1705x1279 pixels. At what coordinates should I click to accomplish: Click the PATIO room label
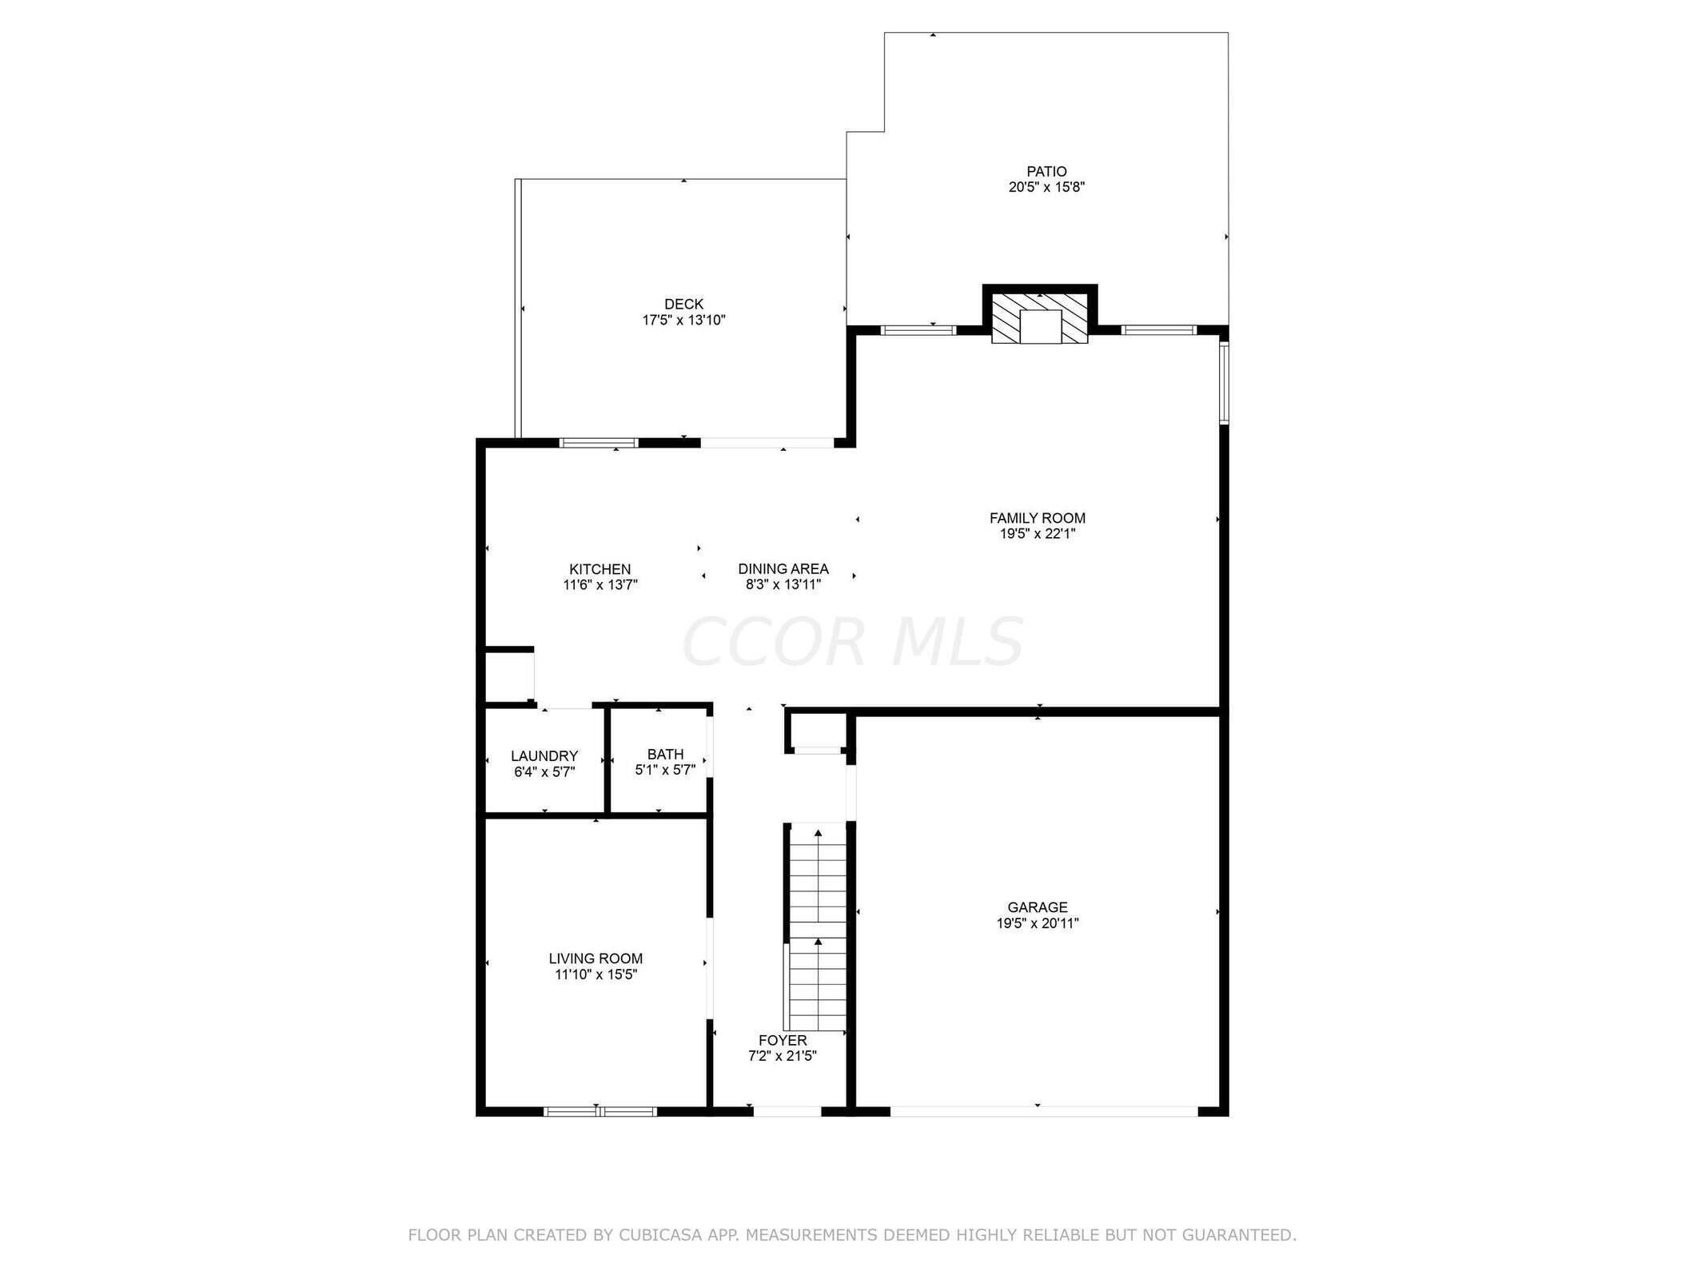(1046, 171)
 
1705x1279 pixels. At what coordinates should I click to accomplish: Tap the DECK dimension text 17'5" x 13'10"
(683, 321)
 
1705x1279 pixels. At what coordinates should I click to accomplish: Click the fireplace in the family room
(1039, 320)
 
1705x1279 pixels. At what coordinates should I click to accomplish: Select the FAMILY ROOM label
(1037, 518)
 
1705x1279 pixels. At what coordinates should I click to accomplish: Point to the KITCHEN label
(600, 569)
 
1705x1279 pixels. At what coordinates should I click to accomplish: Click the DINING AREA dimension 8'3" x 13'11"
(783, 585)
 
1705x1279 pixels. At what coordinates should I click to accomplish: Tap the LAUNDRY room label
(544, 756)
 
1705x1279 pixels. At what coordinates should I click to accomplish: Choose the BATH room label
(665, 755)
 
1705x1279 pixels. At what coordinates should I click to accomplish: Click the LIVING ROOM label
(596, 958)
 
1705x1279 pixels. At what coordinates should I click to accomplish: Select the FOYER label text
(783, 1041)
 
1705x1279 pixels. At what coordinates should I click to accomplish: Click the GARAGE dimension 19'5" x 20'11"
(1037, 923)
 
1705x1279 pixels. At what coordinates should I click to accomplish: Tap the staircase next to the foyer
(817, 927)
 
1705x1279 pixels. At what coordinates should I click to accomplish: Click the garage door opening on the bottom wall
(1043, 1111)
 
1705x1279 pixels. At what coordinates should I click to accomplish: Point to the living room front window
(600, 1111)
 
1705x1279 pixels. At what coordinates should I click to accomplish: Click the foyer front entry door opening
(787, 1111)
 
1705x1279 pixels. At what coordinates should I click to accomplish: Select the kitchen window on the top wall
(599, 443)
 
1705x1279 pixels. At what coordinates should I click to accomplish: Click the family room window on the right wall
(1223, 382)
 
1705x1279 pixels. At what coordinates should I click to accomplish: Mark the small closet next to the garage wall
(817, 731)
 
